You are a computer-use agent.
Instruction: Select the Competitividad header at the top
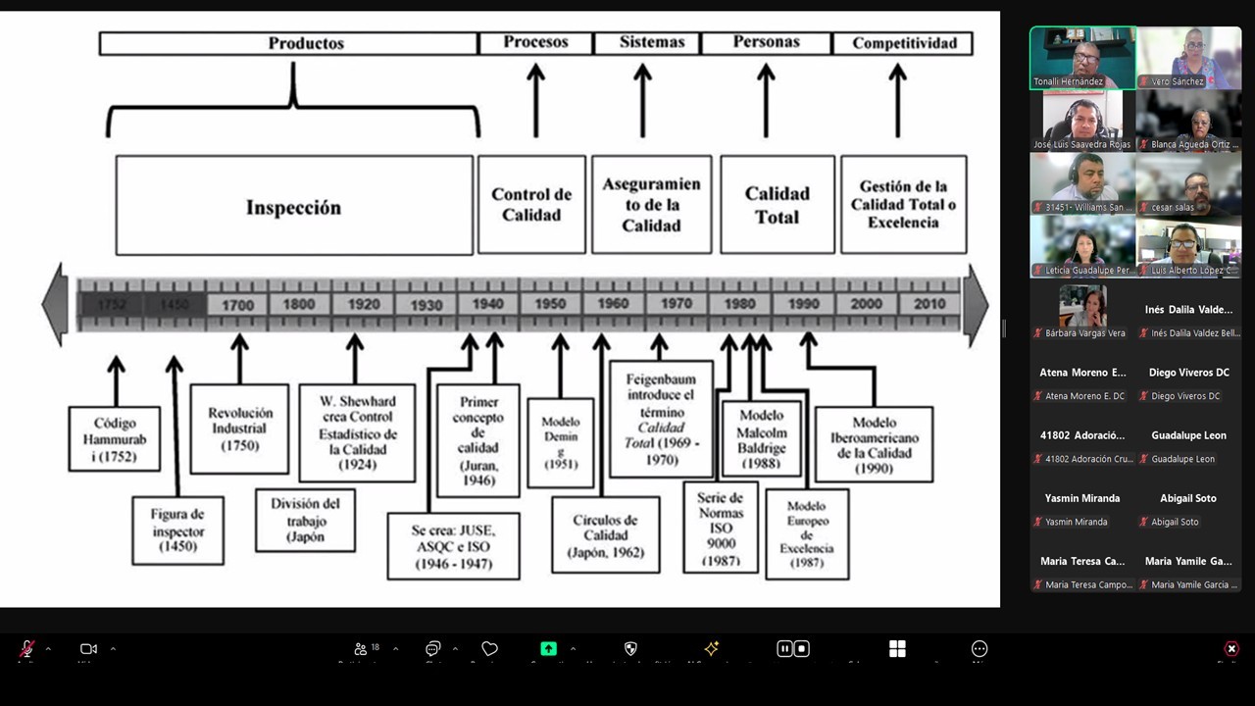point(903,43)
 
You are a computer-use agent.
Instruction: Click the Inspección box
point(294,206)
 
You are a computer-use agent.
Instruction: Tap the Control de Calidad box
point(531,205)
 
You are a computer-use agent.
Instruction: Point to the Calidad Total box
point(777,205)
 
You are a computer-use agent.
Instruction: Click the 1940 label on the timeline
point(487,305)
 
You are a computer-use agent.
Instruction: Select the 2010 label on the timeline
point(929,305)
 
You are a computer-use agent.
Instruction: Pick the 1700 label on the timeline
point(237,305)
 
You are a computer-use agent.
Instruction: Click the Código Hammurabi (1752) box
point(115,438)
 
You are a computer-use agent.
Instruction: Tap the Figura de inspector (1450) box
point(177,530)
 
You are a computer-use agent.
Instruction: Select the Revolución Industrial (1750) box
point(239,429)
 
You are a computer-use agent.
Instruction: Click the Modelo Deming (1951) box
point(561,442)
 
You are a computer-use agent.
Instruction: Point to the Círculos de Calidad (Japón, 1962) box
point(605,534)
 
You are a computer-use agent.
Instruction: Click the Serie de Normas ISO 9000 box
point(721,529)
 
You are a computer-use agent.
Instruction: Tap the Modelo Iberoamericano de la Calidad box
point(873,445)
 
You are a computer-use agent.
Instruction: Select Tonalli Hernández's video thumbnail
point(1082,58)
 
